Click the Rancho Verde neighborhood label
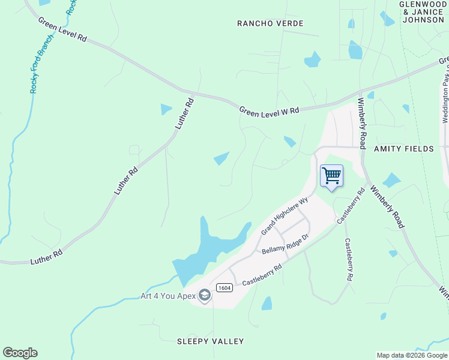[x=270, y=23]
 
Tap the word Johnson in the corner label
[x=424, y=19]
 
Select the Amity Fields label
[x=403, y=148]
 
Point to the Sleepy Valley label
[x=210, y=341]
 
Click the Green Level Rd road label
[x=62, y=29]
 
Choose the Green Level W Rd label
[x=269, y=112]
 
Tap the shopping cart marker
[x=331, y=176]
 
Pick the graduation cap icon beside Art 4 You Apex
[x=205, y=296]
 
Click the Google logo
[x=20, y=353]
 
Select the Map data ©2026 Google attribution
[x=412, y=355]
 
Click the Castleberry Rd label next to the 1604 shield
[x=262, y=275]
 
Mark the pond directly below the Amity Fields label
[x=391, y=180]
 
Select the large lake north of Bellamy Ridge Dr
[x=210, y=249]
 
